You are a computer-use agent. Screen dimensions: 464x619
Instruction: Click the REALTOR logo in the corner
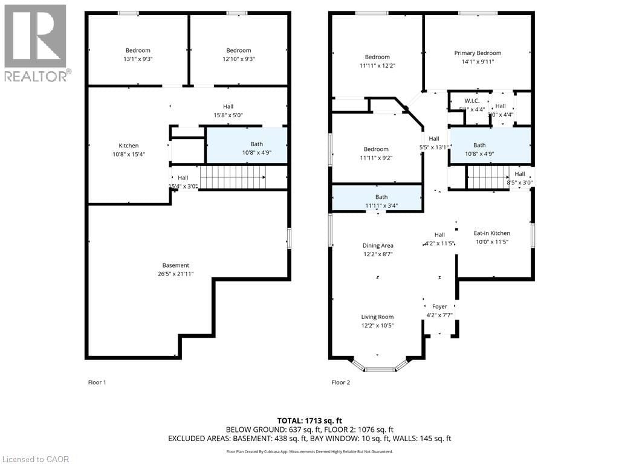[36, 42]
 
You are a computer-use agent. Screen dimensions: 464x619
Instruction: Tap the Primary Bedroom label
[478, 53]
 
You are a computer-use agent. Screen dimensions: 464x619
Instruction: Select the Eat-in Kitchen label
[491, 233]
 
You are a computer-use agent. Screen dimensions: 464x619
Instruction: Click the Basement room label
[175, 265]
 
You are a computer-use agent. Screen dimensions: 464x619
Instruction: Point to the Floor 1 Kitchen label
[128, 146]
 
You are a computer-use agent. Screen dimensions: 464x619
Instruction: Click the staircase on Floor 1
[233, 178]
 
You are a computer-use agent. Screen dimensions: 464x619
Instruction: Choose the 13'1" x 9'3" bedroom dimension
[138, 59]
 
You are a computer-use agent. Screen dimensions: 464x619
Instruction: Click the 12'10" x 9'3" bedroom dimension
[239, 59]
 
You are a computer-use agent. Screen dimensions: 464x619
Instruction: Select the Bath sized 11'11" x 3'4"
[381, 205]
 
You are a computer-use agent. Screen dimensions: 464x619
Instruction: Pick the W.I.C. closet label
[472, 100]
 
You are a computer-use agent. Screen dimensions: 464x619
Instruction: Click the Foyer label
[439, 306]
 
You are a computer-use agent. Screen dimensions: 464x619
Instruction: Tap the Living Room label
[377, 317]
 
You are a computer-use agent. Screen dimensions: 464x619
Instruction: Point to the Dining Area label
[378, 245]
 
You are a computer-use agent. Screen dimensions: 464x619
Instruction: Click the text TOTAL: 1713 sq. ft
[309, 420]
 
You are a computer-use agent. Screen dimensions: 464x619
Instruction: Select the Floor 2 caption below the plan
[340, 382]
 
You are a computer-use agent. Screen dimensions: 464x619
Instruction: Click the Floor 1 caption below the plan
[97, 382]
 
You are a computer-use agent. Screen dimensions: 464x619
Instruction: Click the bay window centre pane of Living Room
[380, 369]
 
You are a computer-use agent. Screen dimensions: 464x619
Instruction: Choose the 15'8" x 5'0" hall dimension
[228, 115]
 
